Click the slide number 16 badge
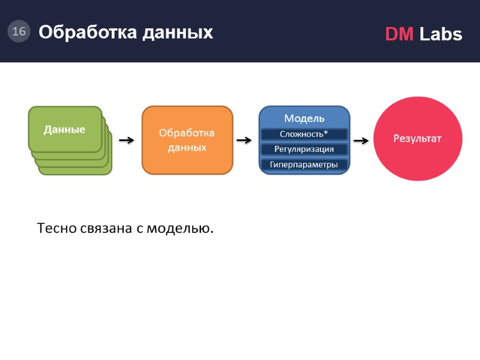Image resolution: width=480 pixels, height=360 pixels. pos(19,31)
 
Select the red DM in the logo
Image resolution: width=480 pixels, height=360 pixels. pos(399,34)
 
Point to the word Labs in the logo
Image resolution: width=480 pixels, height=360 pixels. pos(441,34)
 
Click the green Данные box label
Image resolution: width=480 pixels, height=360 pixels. pos(64,129)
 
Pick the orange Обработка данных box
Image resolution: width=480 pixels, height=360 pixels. pos(187,140)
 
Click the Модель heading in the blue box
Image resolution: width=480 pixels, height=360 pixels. pos(304,118)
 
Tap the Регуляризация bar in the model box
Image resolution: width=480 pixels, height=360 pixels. pos(304,149)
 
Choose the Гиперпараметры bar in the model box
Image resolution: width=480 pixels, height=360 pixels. pos(304,164)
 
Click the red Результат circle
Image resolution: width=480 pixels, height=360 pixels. pos(418,139)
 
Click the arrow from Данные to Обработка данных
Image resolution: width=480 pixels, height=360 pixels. pos(127,140)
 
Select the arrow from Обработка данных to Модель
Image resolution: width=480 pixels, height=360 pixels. pos(244,140)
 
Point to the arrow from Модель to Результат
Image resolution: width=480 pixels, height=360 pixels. pos(361,140)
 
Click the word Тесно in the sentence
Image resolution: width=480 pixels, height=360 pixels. pos(56,229)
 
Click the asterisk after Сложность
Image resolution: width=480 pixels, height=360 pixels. pos(326,133)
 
